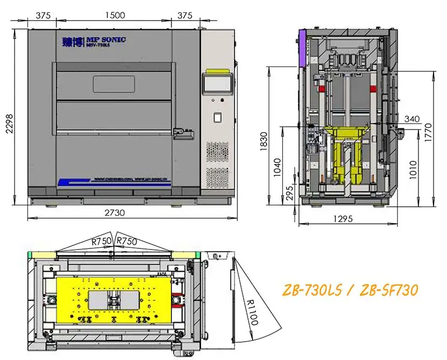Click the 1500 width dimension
pyautogui.click(x=115, y=16)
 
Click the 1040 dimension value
pyautogui.click(x=278, y=166)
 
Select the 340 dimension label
pyautogui.click(x=411, y=118)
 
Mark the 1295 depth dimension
pyautogui.click(x=344, y=219)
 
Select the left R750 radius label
pyautogui.click(x=101, y=241)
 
